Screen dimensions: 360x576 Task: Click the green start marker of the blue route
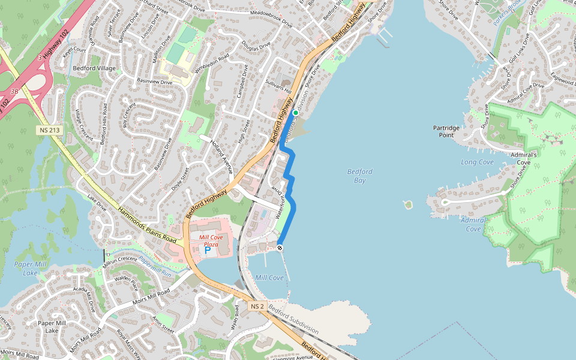295,112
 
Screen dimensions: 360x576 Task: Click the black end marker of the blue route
280,248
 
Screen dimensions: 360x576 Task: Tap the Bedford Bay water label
359,176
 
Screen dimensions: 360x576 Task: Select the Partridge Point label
446,131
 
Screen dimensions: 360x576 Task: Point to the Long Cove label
477,162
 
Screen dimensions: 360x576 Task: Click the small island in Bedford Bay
408,205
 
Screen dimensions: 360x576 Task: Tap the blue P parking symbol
208,250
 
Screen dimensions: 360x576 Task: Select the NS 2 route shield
257,306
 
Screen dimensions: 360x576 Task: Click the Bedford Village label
94,68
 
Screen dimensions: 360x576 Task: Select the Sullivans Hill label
278,88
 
